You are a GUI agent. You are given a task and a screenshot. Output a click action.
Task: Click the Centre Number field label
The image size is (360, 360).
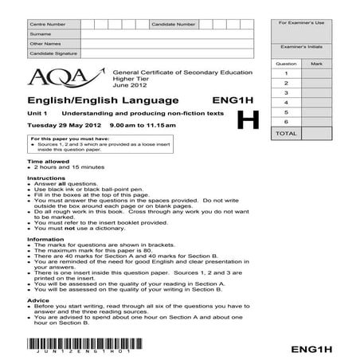(x=47, y=25)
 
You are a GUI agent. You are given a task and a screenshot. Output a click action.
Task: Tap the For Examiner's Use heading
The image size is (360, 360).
(x=300, y=24)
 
